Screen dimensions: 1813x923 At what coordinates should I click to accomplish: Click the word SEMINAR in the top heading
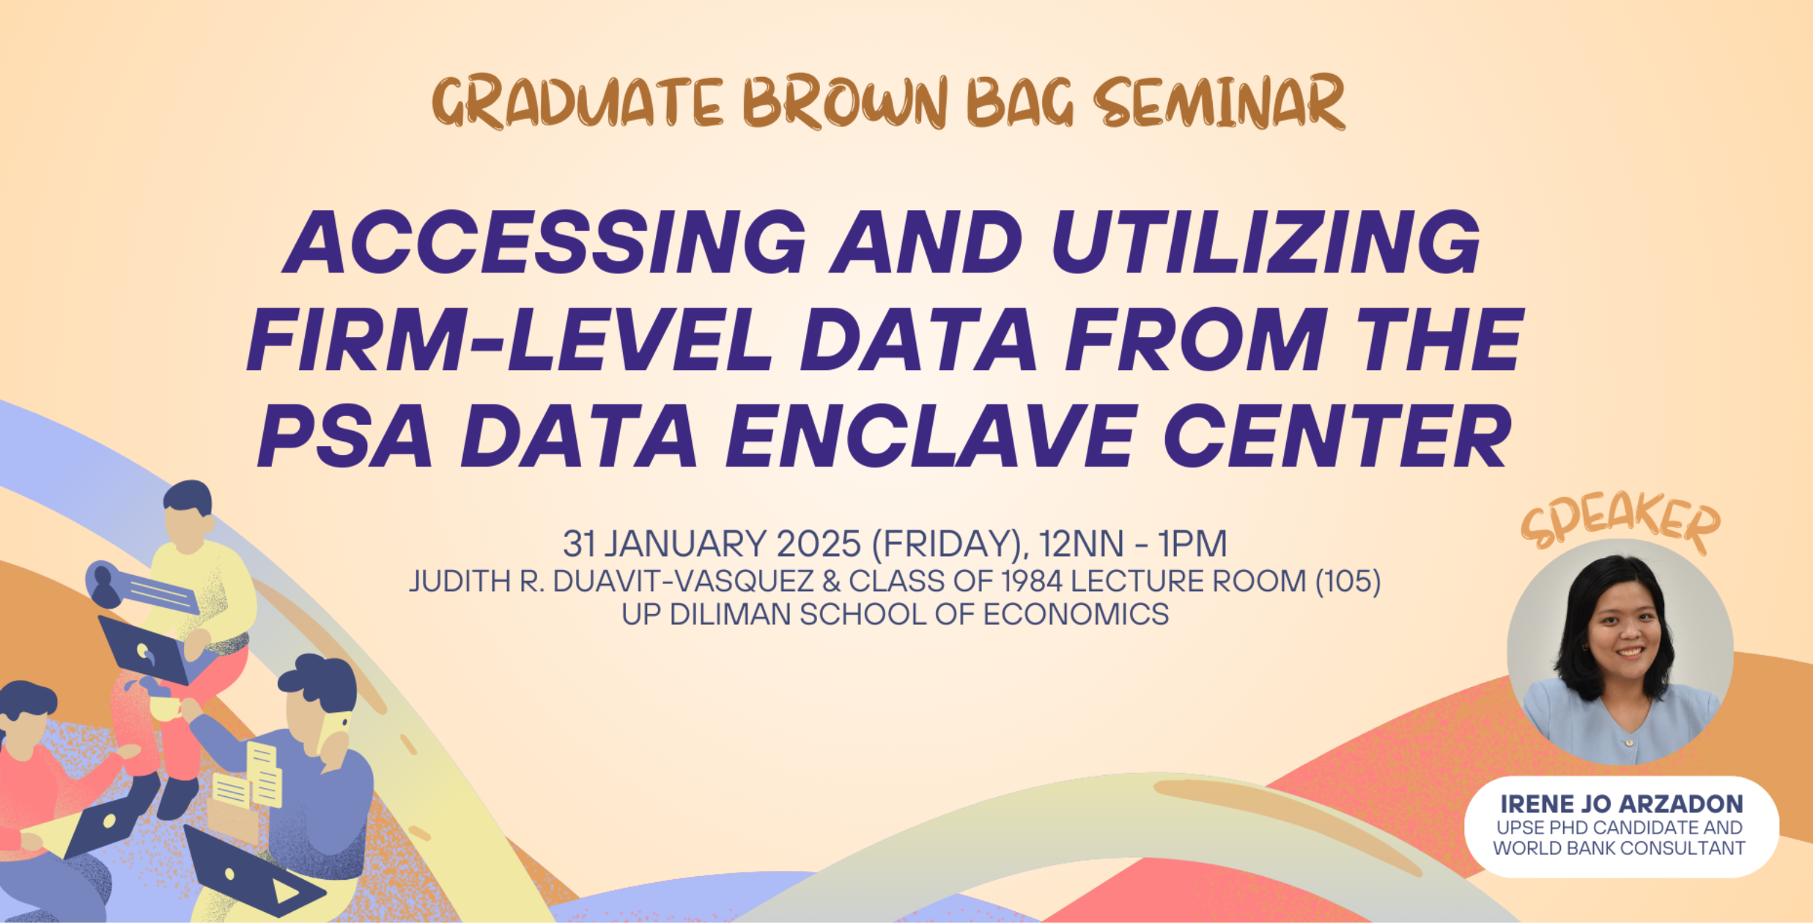[1219, 103]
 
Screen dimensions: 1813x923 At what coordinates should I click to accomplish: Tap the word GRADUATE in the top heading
[579, 103]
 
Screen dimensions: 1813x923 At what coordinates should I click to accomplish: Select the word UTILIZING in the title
[1266, 242]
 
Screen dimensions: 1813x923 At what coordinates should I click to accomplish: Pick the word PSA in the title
[345, 437]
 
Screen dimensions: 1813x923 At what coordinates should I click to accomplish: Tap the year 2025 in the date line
[819, 544]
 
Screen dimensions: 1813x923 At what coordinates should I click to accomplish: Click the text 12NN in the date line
[1081, 544]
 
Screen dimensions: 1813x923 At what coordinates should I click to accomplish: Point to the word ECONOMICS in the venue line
[1076, 615]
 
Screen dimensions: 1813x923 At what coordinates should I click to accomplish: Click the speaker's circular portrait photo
[1620, 652]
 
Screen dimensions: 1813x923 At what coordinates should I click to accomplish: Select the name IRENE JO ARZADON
[1621, 804]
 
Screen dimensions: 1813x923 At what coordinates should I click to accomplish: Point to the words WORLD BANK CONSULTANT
[1620, 848]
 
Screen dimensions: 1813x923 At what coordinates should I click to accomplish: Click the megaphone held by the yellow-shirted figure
[139, 587]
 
